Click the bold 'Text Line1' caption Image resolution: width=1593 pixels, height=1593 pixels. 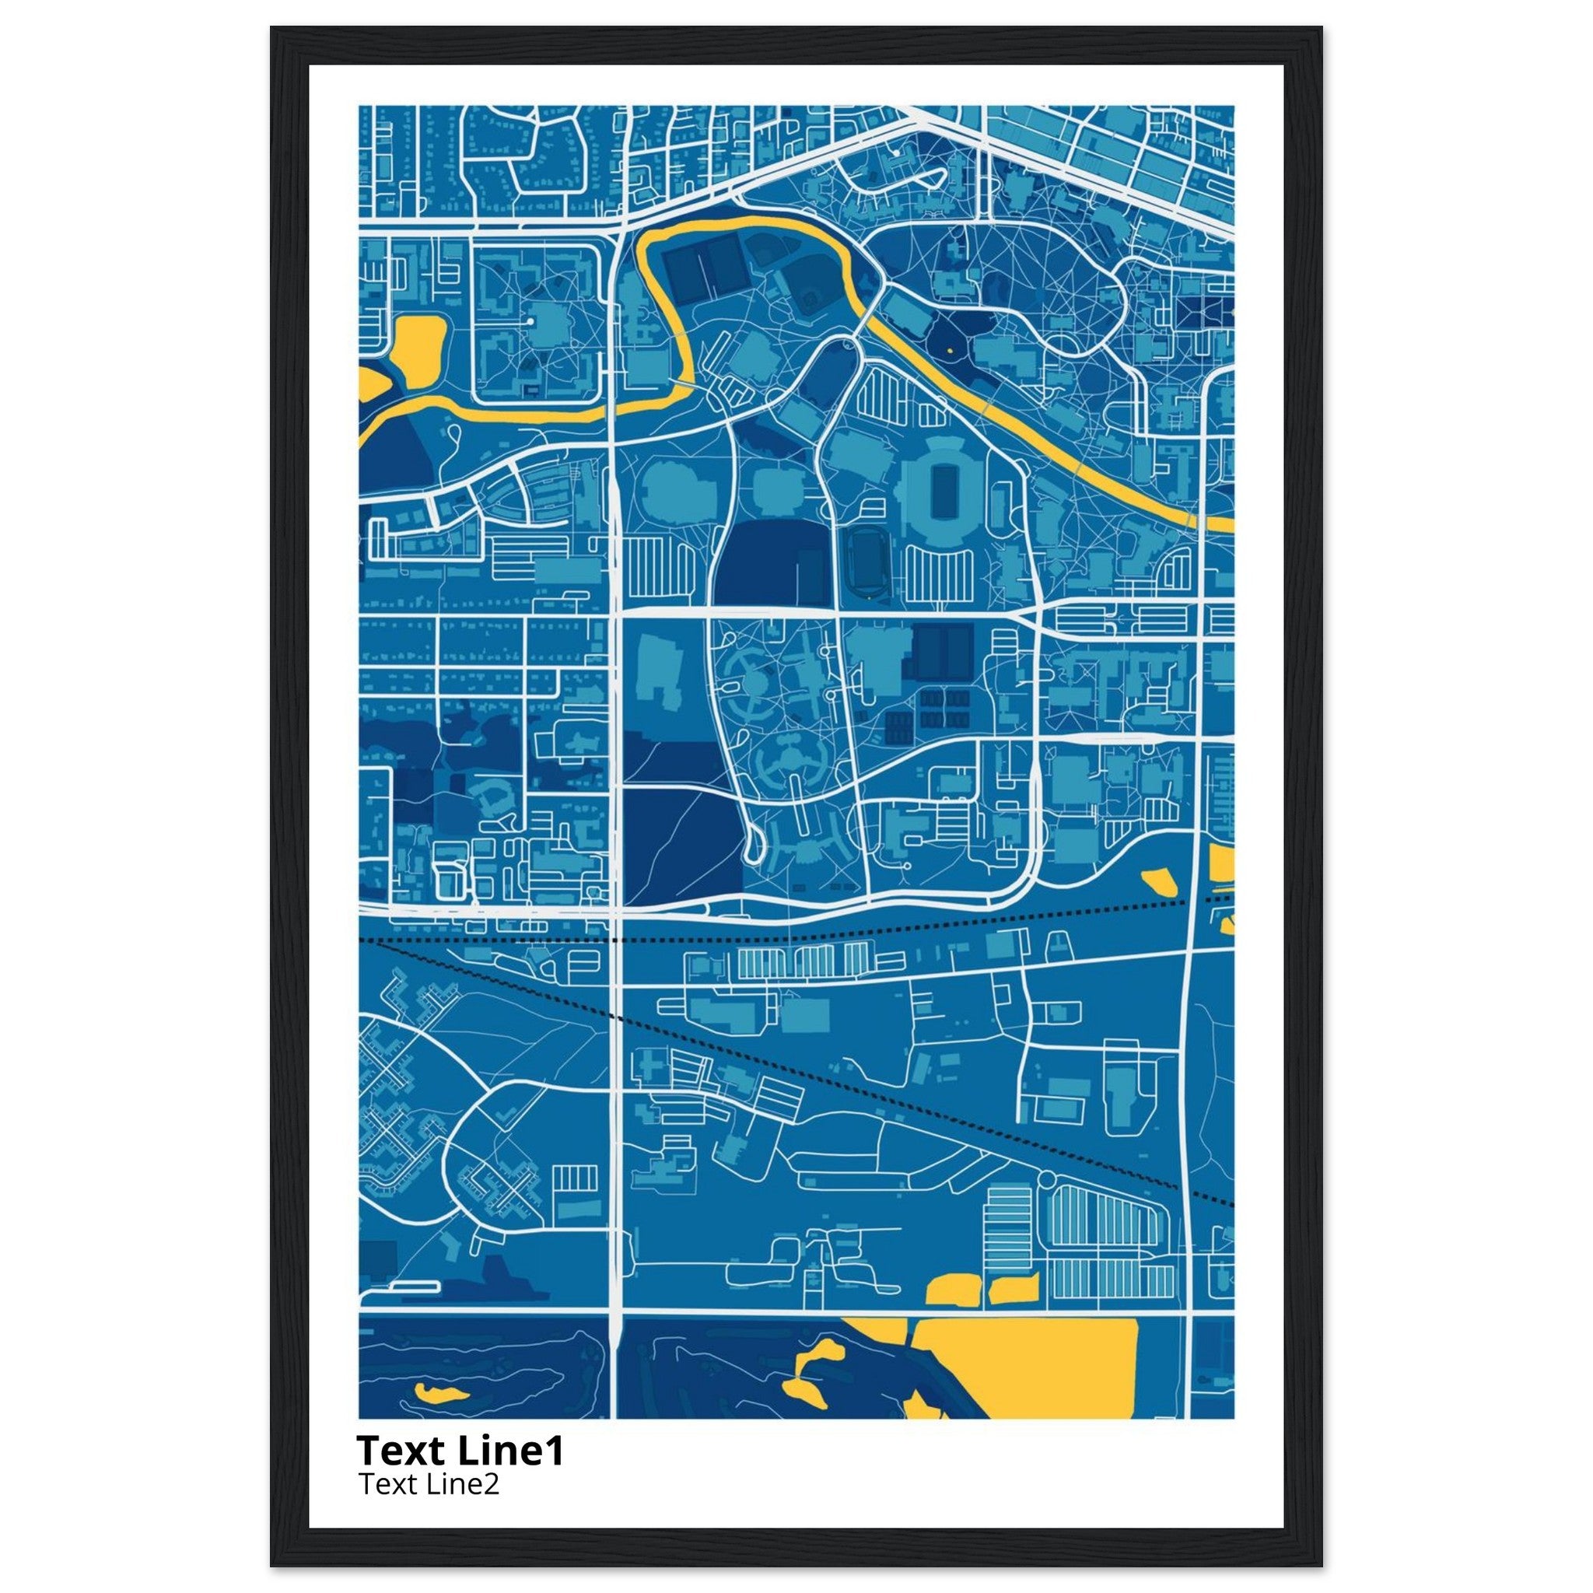(x=460, y=1451)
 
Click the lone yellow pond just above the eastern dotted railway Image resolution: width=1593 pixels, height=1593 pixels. (x=1162, y=883)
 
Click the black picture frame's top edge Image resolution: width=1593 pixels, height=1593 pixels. (x=796, y=33)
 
